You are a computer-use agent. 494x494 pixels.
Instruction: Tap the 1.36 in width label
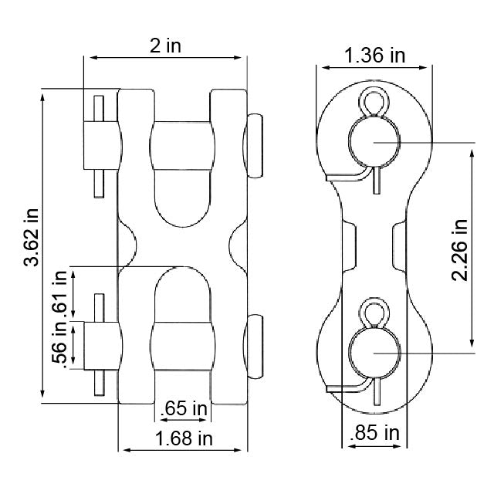tap(374, 56)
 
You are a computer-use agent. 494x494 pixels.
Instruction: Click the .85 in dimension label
tap(374, 433)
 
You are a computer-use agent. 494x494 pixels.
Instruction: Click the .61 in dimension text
tap(60, 293)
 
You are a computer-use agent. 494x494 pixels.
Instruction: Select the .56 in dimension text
tap(60, 346)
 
